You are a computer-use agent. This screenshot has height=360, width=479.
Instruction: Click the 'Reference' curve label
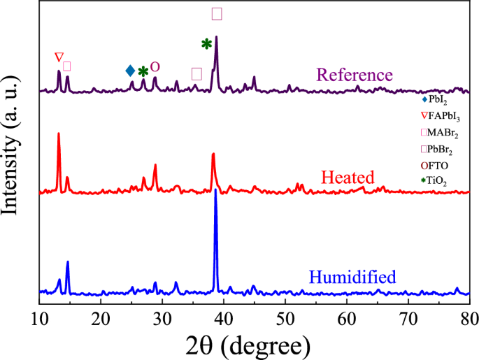pyautogui.click(x=355, y=75)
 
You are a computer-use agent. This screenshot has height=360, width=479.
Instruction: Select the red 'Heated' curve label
pyautogui.click(x=348, y=177)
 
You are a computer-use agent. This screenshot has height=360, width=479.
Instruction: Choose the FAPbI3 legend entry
pyautogui.click(x=440, y=116)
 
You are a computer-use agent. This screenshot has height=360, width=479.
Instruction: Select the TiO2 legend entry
pyautogui.click(x=437, y=181)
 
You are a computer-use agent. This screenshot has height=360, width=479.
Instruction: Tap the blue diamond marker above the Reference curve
pyautogui.click(x=130, y=71)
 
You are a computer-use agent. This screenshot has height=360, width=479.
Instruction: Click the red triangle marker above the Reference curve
pyautogui.click(x=59, y=57)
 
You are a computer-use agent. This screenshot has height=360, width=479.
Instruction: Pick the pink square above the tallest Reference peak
pyautogui.click(x=217, y=14)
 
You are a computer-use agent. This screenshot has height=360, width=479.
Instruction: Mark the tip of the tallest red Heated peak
pyautogui.click(x=58, y=134)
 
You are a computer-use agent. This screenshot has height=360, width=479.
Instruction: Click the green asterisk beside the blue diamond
pyautogui.click(x=143, y=71)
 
